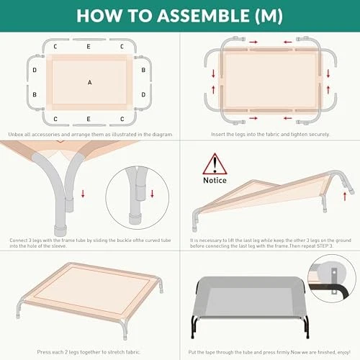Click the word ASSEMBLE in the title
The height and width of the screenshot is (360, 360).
[204, 16]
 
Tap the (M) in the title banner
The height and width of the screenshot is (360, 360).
[269, 16]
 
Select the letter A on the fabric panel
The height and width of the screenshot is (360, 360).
[89, 82]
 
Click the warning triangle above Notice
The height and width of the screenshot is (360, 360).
[215, 164]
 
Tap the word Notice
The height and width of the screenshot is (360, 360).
[215, 180]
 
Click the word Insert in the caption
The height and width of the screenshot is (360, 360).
[218, 135]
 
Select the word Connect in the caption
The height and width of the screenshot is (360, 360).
[19, 240]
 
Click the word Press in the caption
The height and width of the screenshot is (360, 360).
[42, 352]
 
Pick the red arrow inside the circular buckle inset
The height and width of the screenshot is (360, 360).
[152, 194]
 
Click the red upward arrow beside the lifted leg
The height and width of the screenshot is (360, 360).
[345, 197]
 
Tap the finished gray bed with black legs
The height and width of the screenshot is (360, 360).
[250, 306]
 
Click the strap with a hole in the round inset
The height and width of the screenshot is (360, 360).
[334, 281]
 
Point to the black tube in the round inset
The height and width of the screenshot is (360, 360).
[329, 289]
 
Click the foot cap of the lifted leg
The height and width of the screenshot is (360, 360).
[351, 191]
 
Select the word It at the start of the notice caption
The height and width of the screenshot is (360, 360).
[192, 240]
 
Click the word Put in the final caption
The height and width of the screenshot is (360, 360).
[192, 352]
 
